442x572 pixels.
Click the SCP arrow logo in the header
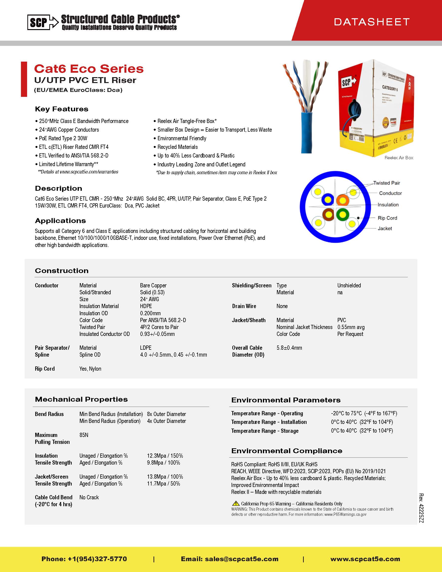[x=43, y=22]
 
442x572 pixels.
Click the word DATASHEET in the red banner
[x=372, y=22]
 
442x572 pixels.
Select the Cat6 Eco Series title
[x=89, y=69]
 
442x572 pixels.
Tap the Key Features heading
[x=62, y=109]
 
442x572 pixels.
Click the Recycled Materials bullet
[x=177, y=147]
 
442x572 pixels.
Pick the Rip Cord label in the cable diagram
[x=387, y=218]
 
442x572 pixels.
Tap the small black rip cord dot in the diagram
[x=358, y=218]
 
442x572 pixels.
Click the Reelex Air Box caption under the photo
[x=399, y=158]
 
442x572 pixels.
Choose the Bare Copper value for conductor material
[x=153, y=285]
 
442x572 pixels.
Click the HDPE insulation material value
[x=146, y=306]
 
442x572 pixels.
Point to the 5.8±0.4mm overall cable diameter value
[x=289, y=348]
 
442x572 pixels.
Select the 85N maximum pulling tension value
[x=84, y=435]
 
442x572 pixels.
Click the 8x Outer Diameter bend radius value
[x=166, y=414]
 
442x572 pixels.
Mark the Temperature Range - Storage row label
[x=264, y=431]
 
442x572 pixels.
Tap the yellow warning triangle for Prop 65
[x=236, y=503]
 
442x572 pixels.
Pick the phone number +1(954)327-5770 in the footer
[x=97, y=559]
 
